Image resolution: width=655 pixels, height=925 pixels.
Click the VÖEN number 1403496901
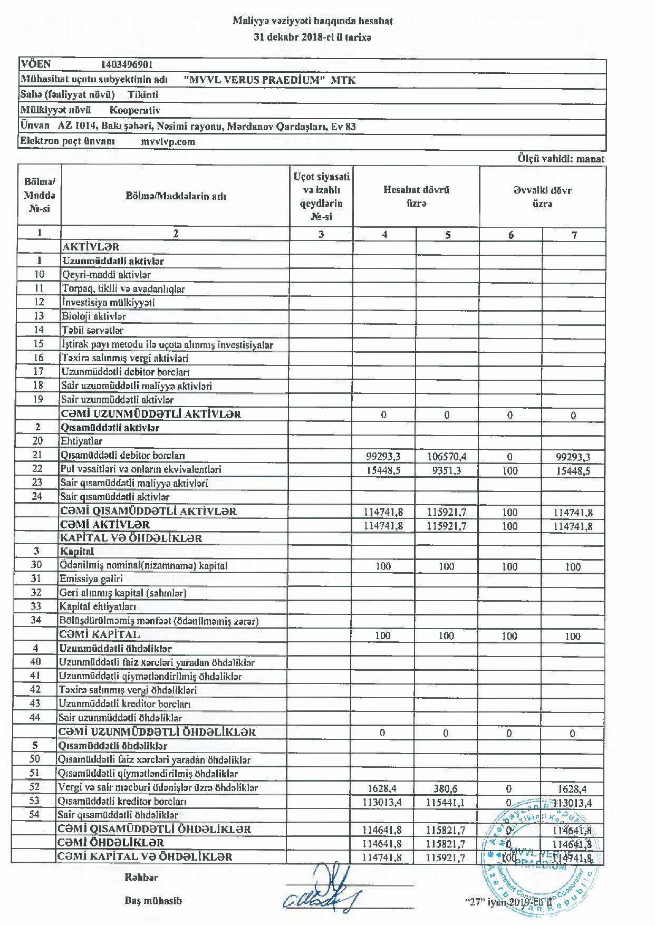tap(127, 65)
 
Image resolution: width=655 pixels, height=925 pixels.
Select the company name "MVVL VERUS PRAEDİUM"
tap(253, 80)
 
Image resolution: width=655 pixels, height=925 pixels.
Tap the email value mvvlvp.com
tap(168, 141)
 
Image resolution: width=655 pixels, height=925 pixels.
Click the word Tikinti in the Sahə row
tap(143, 95)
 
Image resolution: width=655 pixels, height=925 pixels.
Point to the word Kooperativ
tap(134, 110)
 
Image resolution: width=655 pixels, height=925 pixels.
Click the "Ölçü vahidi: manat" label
tap(561, 159)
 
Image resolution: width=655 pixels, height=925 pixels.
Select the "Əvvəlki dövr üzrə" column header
tap(542, 197)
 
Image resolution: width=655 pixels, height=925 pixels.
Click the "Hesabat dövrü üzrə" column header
tap(416, 197)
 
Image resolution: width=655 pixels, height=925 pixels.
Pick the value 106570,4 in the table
tap(447, 457)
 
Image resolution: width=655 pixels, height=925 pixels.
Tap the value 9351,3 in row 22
tap(446, 470)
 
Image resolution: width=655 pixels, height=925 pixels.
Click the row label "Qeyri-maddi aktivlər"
tap(107, 275)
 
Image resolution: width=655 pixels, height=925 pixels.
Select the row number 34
tap(36, 620)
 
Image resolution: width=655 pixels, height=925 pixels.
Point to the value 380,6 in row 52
tap(446, 789)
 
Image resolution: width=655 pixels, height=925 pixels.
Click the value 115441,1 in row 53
tap(446, 803)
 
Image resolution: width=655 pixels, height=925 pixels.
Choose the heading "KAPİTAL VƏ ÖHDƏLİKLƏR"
tap(131, 538)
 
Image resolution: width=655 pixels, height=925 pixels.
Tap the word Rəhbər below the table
tap(141, 878)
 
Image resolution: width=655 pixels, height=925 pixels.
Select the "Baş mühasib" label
tap(153, 901)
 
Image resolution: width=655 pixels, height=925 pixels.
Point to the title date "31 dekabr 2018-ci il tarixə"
tap(313, 37)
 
